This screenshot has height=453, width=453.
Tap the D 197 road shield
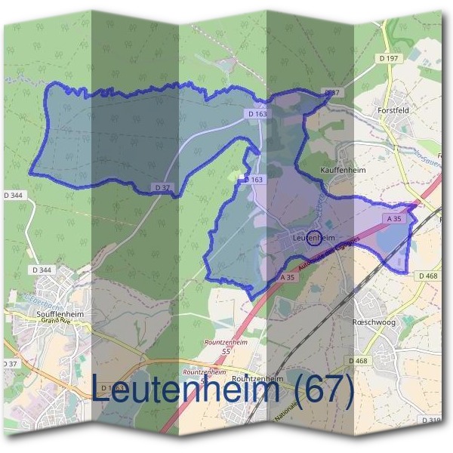(389, 58)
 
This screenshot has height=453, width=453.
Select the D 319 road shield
(431, 420)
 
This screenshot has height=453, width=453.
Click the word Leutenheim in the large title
(189, 390)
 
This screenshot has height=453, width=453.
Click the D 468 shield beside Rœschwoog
(359, 361)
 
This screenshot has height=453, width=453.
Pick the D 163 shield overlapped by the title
(115, 387)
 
